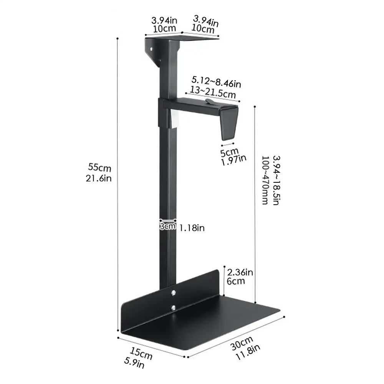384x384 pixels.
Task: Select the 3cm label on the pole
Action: [167, 227]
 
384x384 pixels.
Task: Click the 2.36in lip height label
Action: [240, 272]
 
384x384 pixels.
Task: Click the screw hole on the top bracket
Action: [151, 49]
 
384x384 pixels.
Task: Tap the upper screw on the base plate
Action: [174, 293]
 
